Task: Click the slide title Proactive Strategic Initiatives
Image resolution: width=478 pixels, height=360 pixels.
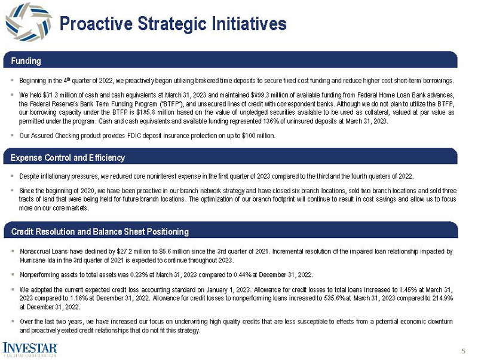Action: (x=173, y=23)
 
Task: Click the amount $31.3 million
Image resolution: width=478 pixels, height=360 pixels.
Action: (x=56, y=94)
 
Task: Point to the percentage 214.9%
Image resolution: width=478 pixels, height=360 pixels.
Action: (x=442, y=298)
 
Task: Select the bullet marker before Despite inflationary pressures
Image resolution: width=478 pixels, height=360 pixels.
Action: (x=13, y=176)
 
